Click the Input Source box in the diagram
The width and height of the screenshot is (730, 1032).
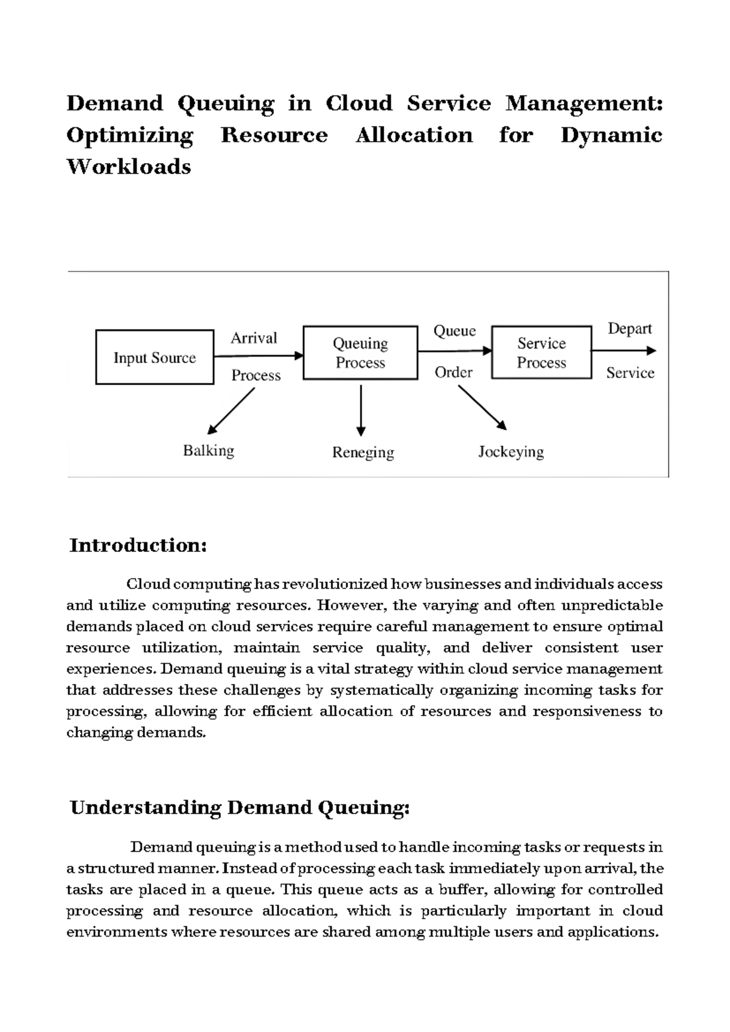155,357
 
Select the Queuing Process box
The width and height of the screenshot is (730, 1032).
360,353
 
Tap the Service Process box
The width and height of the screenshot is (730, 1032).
541,353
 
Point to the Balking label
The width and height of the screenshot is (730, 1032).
209,451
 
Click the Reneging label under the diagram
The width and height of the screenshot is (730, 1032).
363,453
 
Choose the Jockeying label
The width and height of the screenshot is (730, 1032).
511,452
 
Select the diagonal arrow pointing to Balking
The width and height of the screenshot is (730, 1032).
231,411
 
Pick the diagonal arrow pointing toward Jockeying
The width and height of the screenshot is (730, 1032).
482,408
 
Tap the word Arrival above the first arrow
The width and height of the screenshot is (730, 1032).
254,338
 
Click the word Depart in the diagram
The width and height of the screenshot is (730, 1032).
630,329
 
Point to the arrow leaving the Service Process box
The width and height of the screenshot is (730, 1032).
624,350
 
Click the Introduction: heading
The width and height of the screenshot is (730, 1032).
138,545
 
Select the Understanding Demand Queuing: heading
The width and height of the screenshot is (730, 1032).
240,808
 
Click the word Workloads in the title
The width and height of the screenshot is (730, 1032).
128,167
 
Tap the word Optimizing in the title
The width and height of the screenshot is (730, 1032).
130,135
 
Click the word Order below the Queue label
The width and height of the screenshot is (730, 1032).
453,372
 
